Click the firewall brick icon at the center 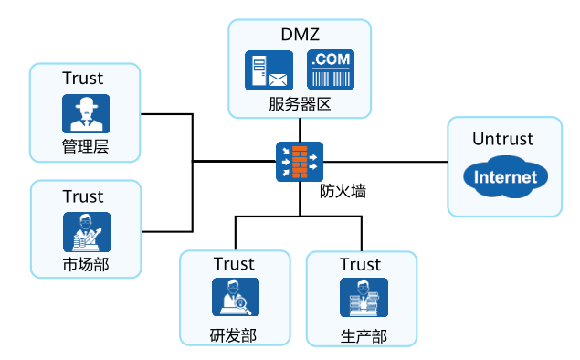click(299, 162)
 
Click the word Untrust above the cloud click(503, 139)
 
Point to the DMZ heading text click(299, 35)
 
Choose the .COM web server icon click(331, 70)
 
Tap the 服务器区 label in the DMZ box click(299, 103)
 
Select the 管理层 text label click(86, 146)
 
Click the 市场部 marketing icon click(86, 231)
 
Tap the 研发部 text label click(233, 334)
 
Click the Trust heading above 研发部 click(234, 264)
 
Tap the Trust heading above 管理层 click(83, 79)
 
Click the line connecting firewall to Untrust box click(384, 162)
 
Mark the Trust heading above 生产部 click(360, 265)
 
